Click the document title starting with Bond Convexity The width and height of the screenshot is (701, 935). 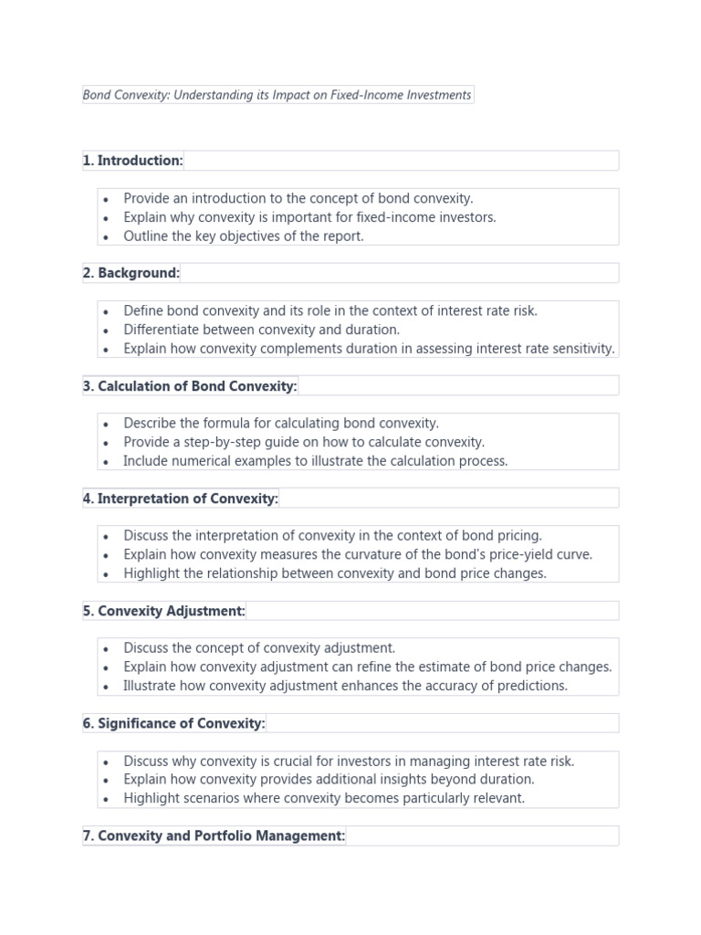[x=277, y=95]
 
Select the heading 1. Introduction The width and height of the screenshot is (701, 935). [x=133, y=161]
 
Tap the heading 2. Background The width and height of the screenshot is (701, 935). [x=131, y=273]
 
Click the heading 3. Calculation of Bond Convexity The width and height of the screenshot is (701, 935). [x=190, y=386]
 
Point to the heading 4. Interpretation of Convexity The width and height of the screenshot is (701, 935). [x=181, y=499]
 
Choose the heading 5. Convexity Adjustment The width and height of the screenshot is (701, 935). [x=164, y=612]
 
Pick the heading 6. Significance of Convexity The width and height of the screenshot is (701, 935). [x=173, y=724]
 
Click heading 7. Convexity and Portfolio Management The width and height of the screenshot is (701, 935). [x=214, y=836]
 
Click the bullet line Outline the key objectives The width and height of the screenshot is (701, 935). [x=244, y=236]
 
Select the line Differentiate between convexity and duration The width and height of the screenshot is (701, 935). [x=262, y=330]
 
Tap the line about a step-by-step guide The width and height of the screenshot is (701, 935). [x=304, y=443]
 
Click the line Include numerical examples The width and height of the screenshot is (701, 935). [x=315, y=461]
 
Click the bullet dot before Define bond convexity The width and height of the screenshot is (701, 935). [x=106, y=312]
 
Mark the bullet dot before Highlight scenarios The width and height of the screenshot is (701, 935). [x=106, y=799]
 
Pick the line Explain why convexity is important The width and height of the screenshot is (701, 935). [x=309, y=217]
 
